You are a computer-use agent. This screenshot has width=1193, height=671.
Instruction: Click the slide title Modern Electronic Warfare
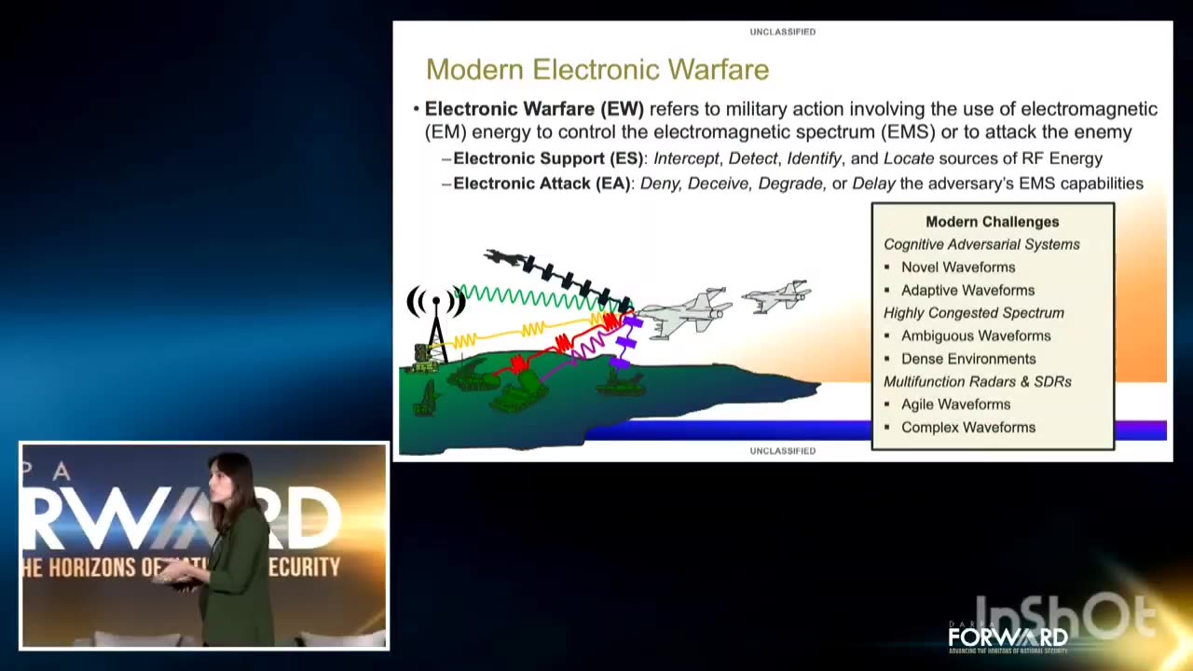coord(596,70)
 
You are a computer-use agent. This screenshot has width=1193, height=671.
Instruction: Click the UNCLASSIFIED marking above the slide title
coord(782,32)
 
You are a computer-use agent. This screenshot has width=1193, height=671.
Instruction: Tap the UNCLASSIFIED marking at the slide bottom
coord(782,451)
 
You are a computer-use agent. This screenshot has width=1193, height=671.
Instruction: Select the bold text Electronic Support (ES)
coord(548,159)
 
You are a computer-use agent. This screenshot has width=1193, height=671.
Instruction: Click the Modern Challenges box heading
coord(992,222)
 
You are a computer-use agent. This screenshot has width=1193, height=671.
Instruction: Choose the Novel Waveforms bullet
coord(957,267)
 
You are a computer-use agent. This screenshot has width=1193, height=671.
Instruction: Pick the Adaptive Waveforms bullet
coord(967,291)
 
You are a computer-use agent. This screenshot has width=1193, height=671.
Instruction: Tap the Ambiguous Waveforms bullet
coord(975,336)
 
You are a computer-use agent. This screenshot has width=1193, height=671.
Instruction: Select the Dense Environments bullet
coord(967,359)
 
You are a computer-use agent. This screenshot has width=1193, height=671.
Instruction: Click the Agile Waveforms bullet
coord(954,404)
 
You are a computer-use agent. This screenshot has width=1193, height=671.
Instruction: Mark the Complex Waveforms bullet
coord(967,428)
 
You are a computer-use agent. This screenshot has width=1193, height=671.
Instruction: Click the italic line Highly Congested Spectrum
coord(973,313)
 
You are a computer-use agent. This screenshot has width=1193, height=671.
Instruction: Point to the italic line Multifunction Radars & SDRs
coord(977,382)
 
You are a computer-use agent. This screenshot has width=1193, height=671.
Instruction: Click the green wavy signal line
coord(531,297)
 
